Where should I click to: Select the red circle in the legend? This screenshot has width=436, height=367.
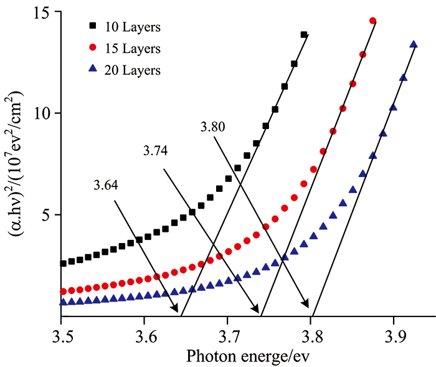click(x=93, y=48)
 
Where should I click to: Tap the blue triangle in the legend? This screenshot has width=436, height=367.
click(x=93, y=69)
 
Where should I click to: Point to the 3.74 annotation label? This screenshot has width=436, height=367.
click(x=155, y=151)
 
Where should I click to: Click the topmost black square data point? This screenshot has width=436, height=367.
click(x=304, y=35)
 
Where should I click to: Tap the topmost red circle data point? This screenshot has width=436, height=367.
click(x=372, y=21)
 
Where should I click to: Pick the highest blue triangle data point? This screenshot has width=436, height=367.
click(x=413, y=44)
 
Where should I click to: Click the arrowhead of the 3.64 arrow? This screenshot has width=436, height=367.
click(x=177, y=310)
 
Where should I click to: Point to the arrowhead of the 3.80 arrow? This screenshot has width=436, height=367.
click(x=307, y=305)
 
